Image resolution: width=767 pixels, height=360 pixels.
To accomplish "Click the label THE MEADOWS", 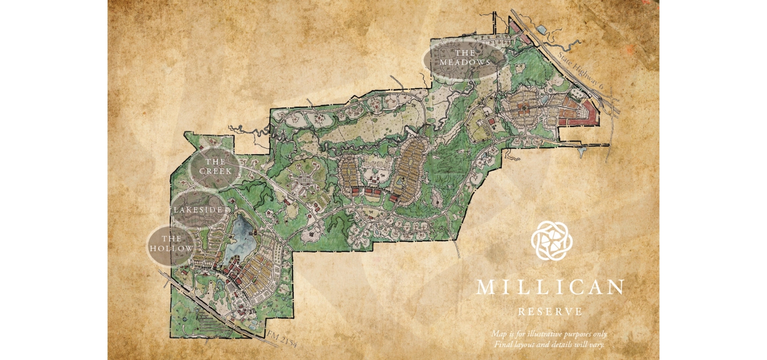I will point(465,58).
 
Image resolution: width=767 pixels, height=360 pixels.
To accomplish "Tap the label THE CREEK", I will point(215,166).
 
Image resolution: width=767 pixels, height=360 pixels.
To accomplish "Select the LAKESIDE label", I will point(198,210).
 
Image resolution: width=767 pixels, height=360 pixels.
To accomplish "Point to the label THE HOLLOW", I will point(171,243).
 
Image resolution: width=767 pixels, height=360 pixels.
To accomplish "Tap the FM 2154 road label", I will point(282,339).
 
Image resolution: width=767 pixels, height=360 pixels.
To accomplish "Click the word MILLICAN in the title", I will point(550,287).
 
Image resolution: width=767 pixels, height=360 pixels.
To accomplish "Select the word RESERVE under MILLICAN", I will point(550,312).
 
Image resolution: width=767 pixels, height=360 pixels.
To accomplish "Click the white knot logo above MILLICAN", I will point(551,241).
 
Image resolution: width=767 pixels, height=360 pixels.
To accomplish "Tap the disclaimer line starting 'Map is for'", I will point(549,334).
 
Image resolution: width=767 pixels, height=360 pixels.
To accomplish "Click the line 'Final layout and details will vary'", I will point(549,344).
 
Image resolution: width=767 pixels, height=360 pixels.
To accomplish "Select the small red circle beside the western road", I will point(309,217).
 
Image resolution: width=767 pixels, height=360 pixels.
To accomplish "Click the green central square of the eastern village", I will point(524,107).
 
